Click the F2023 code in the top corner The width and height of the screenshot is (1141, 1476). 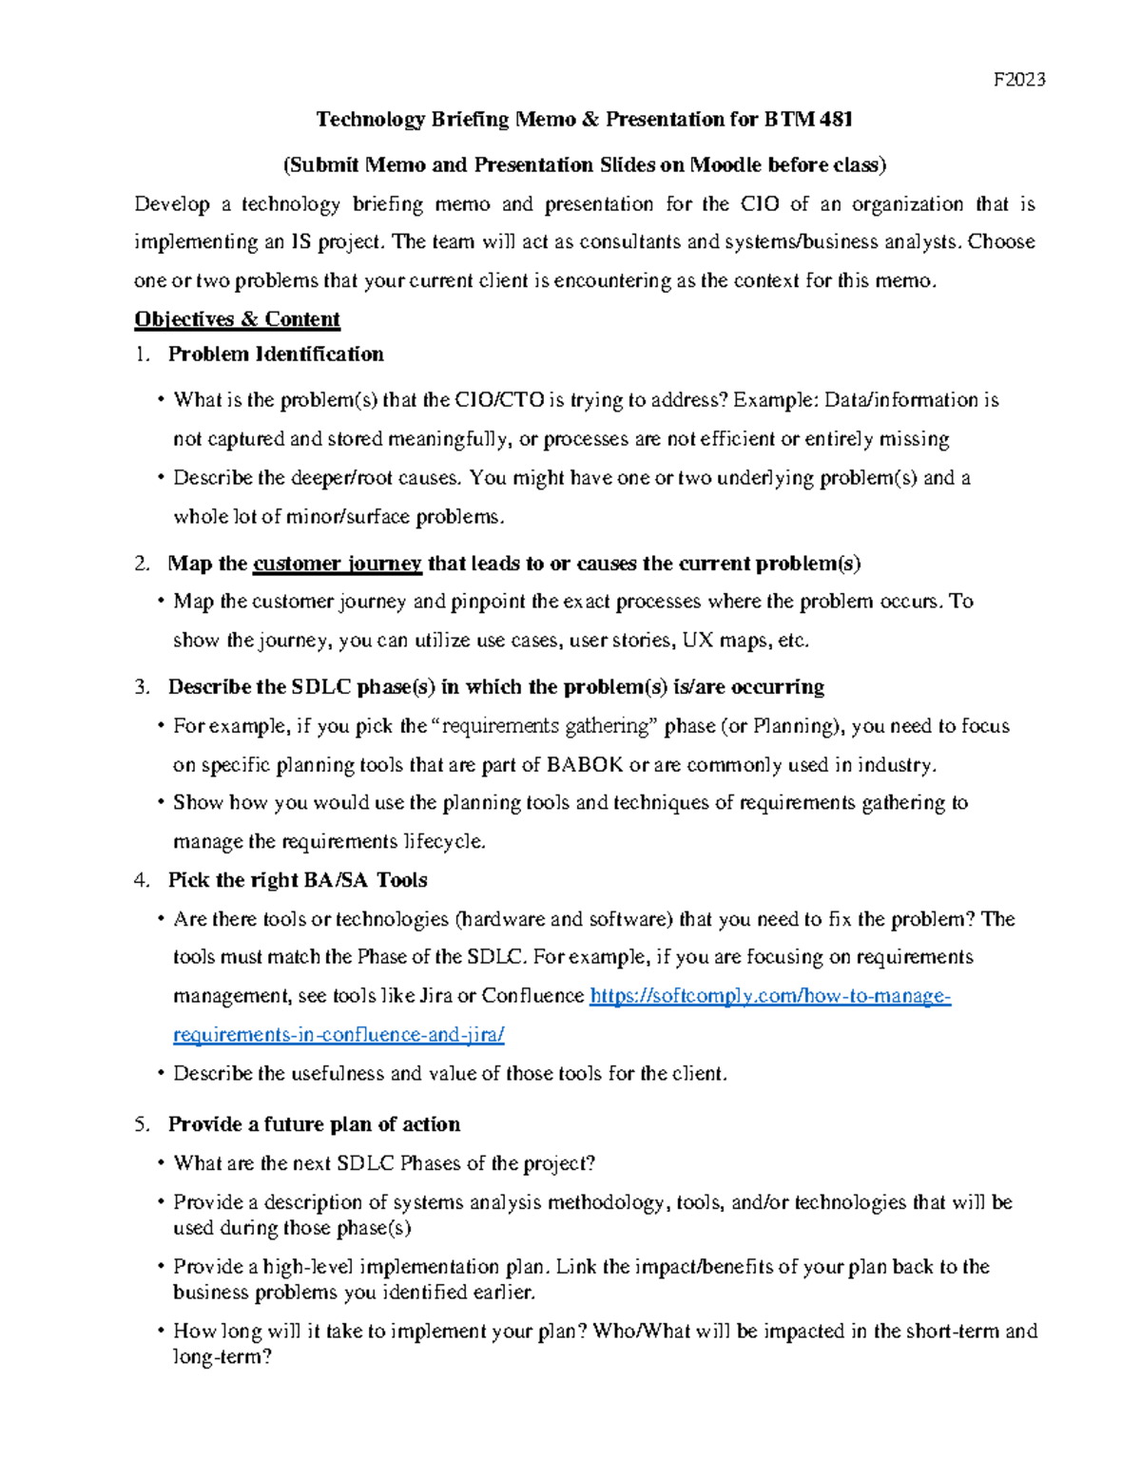click(x=1019, y=80)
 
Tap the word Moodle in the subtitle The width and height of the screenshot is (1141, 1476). click(x=730, y=165)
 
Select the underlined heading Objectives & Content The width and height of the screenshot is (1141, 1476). click(x=237, y=319)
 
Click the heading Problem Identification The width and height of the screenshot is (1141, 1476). click(x=276, y=355)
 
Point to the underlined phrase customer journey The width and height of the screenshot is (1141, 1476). click(x=337, y=564)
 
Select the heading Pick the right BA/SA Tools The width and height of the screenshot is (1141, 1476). click(x=297, y=880)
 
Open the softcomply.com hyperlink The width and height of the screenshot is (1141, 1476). click(x=770, y=996)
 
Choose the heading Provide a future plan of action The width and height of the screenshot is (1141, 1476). click(x=314, y=1124)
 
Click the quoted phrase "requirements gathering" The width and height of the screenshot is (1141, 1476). click(x=545, y=726)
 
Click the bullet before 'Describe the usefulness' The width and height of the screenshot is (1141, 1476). click(x=161, y=1074)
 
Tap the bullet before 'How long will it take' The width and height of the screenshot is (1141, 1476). click(x=161, y=1332)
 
